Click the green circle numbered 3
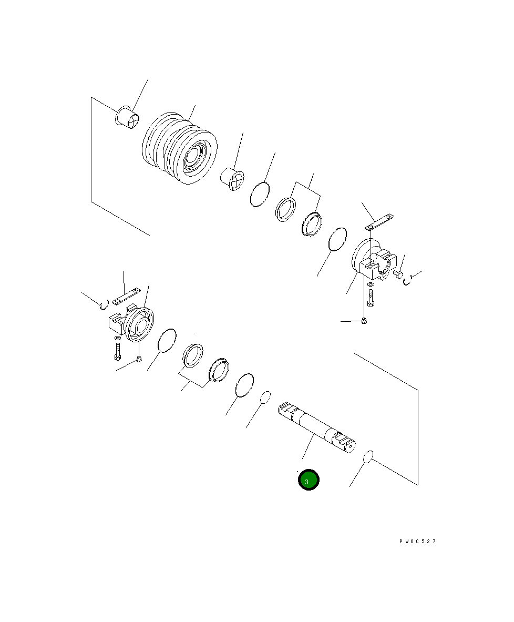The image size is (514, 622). (x=309, y=480)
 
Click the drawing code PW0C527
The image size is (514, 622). (x=418, y=541)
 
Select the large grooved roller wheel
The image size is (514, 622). (x=180, y=148)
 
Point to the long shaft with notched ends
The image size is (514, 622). (x=316, y=427)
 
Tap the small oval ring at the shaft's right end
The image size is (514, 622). (x=368, y=456)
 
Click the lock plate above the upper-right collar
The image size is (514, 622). (x=379, y=222)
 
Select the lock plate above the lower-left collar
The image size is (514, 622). (x=127, y=297)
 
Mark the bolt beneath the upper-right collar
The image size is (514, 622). (x=371, y=298)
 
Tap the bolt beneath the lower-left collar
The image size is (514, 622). (x=117, y=351)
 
